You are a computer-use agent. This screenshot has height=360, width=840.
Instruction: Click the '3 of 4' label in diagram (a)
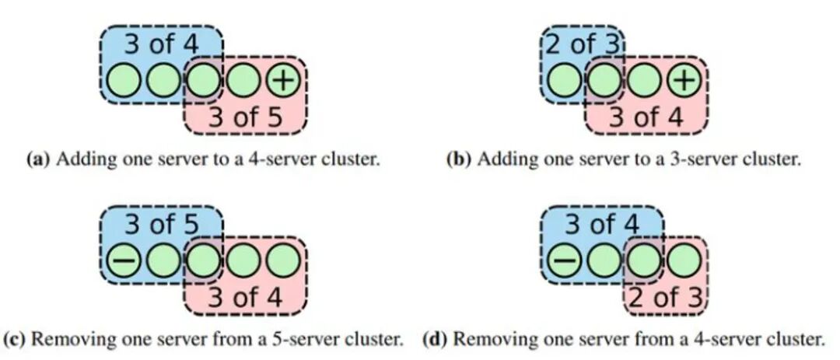point(161,44)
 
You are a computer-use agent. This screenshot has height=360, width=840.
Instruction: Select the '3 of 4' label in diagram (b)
point(646,118)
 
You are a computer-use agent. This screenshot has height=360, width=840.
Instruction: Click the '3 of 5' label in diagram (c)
point(161,225)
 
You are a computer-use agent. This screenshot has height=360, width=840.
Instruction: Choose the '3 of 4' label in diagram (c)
point(245,297)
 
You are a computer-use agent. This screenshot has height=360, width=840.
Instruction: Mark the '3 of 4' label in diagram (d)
point(602,225)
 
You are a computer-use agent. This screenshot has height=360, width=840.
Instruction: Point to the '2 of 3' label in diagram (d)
point(666,297)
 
